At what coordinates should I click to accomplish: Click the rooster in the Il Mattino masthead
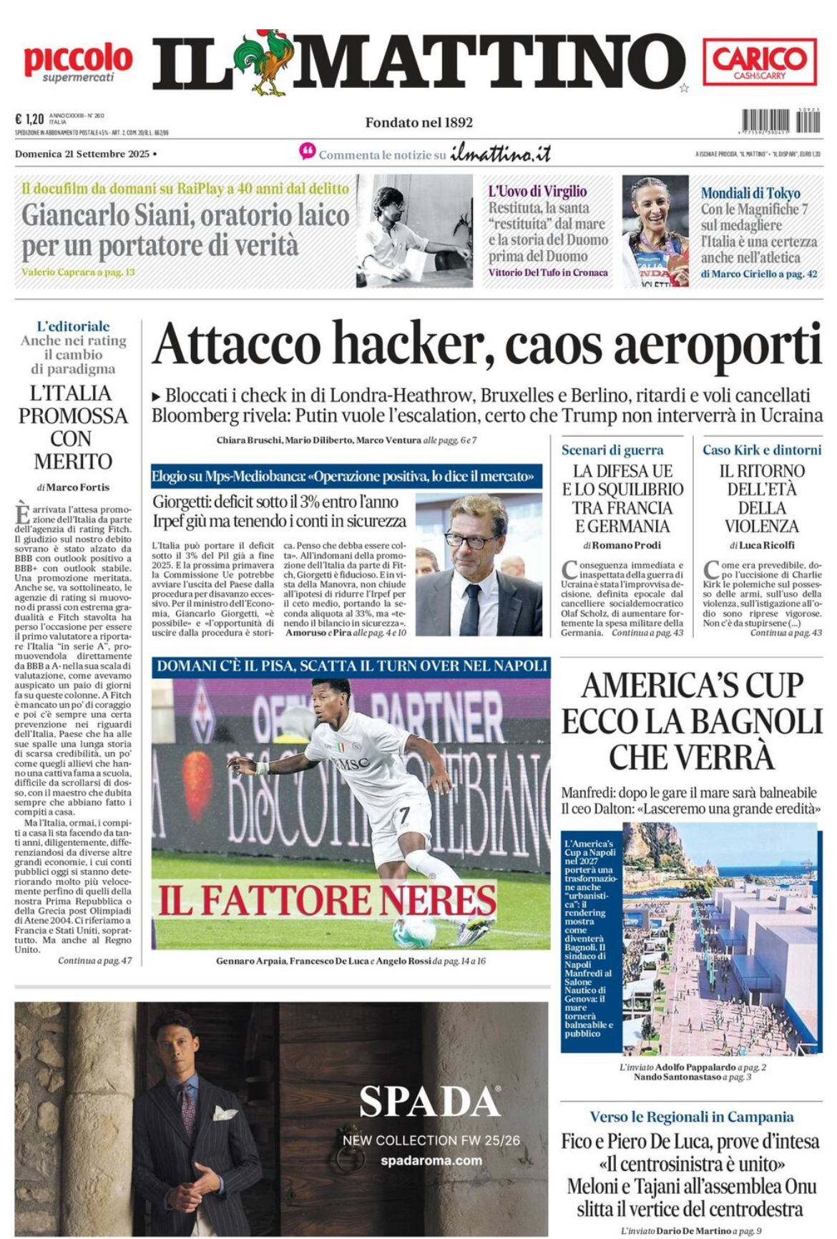pyautogui.click(x=261, y=63)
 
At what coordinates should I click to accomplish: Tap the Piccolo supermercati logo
pyautogui.click(x=78, y=63)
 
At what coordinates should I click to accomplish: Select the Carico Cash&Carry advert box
pyautogui.click(x=760, y=63)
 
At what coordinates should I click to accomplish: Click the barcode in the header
pyautogui.click(x=780, y=121)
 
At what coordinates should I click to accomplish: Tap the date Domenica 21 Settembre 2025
pyautogui.click(x=82, y=154)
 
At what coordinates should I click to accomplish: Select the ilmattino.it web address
pyautogui.click(x=501, y=154)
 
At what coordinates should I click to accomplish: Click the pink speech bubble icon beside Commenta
pyautogui.click(x=308, y=152)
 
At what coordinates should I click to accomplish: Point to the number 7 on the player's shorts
pyautogui.click(x=403, y=814)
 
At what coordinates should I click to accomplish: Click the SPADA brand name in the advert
pyautogui.click(x=429, y=1102)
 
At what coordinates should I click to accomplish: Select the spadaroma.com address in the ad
pyautogui.click(x=431, y=1160)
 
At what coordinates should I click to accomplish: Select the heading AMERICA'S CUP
pyautogui.click(x=691, y=686)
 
